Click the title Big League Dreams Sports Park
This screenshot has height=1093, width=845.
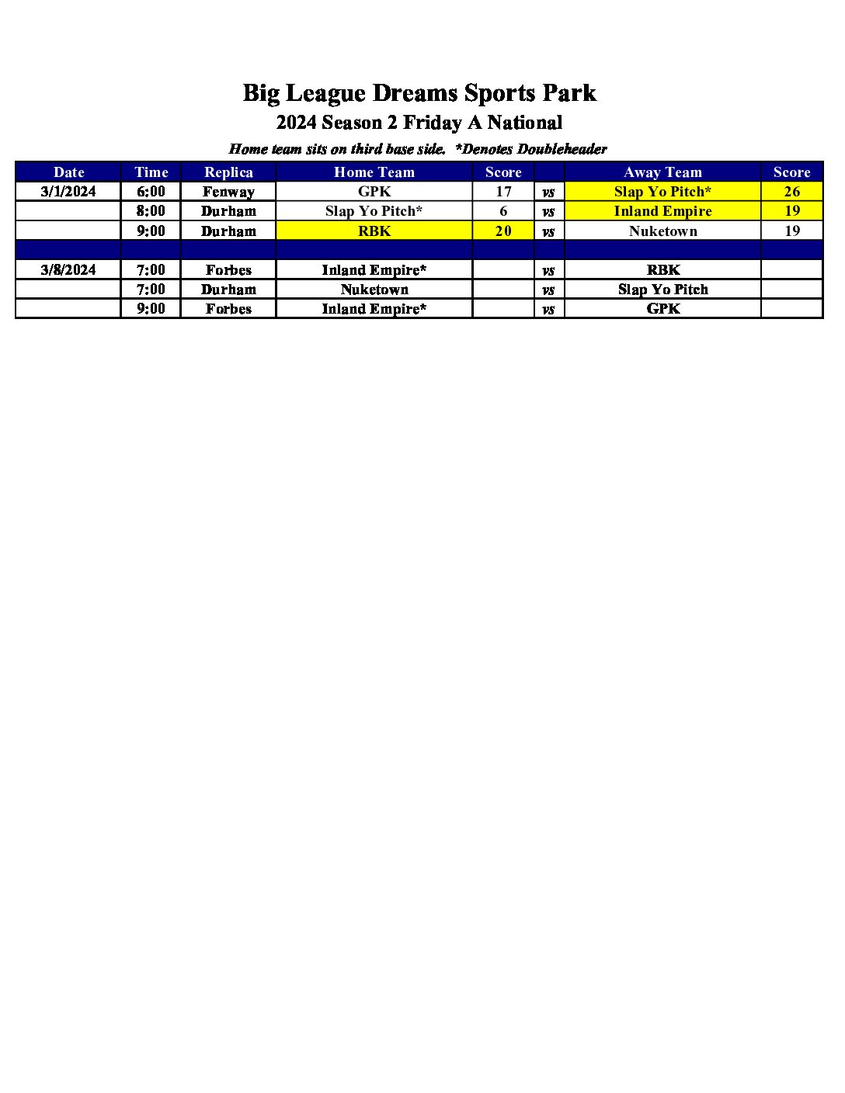419,93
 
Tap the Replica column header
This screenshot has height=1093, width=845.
228,172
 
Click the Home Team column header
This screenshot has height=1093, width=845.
374,172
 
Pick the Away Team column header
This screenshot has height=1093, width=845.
662,172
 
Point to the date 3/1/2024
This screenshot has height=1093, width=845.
68,192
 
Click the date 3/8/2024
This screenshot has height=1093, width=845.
68,270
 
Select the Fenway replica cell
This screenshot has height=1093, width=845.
228,192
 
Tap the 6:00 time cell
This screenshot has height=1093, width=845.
151,192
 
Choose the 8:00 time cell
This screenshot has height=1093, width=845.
151,211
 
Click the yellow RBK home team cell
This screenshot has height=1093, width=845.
374,231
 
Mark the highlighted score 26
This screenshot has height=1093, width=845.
791,192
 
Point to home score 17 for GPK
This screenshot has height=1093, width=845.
503,192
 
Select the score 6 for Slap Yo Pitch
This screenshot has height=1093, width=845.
503,211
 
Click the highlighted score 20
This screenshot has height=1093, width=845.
503,231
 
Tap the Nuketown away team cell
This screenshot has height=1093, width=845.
662,231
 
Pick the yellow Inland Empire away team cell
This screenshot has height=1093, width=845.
662,211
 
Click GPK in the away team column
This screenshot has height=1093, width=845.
662,309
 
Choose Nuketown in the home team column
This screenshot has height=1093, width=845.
374,290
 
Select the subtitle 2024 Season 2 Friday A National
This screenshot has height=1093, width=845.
419,123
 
